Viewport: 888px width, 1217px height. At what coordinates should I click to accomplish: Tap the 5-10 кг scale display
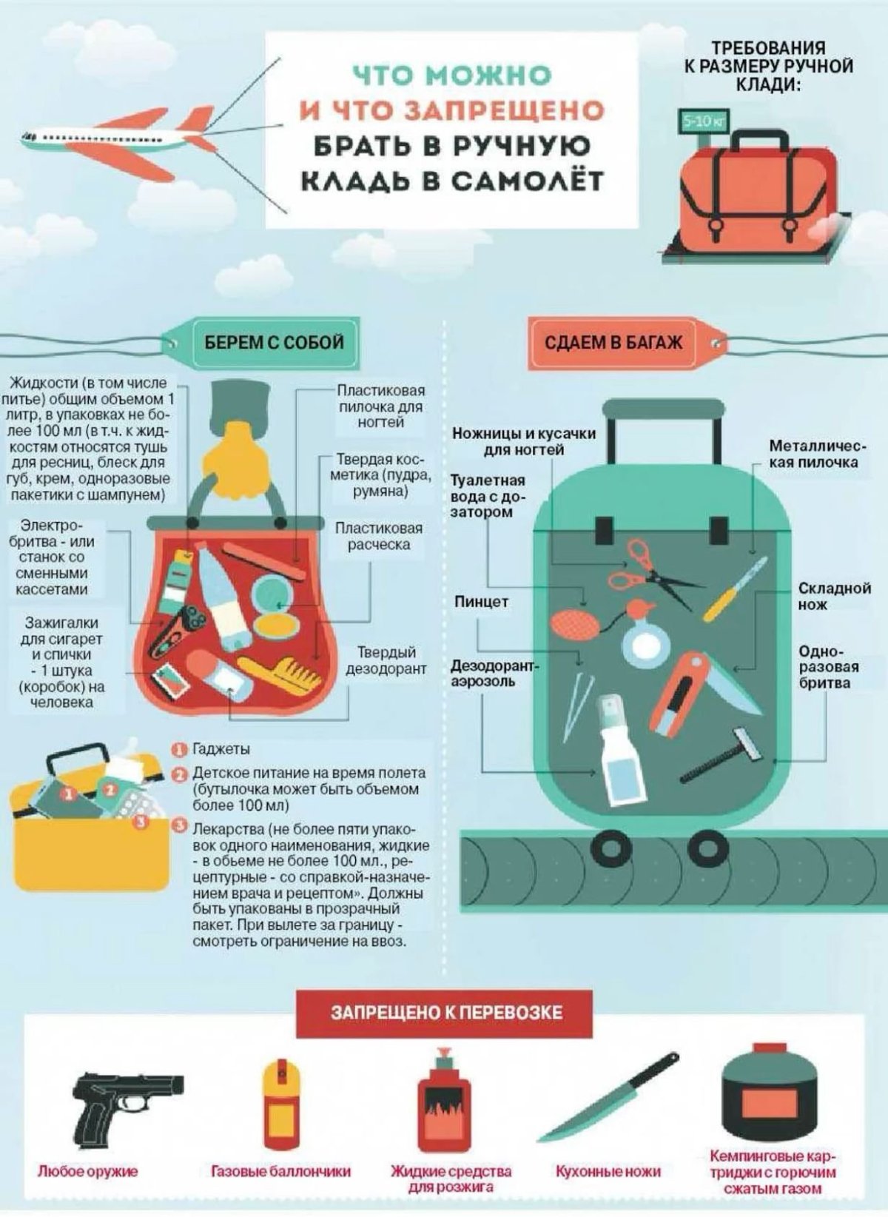click(699, 121)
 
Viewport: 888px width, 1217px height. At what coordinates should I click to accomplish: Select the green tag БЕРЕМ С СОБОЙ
click(274, 342)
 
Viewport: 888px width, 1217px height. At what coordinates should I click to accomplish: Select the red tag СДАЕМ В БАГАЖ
click(613, 343)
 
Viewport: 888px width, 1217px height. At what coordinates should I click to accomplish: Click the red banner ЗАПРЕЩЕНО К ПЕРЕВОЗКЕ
click(445, 1012)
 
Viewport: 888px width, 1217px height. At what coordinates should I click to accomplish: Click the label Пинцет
click(481, 602)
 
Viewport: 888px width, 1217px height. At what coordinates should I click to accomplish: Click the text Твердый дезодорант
click(386, 660)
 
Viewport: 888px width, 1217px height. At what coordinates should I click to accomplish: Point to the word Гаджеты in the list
click(221, 749)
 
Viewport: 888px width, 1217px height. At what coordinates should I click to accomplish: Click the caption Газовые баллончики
click(280, 1172)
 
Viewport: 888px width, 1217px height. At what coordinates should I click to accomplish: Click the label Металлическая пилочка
click(813, 454)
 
